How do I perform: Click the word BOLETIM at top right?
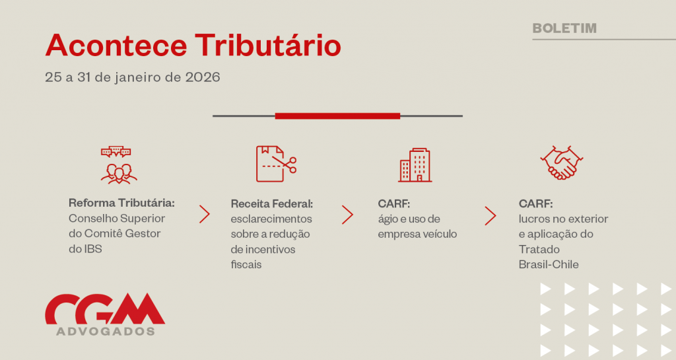point(564,28)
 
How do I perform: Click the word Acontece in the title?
point(116,46)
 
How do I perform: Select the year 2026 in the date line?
point(203,77)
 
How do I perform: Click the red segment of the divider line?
point(337,116)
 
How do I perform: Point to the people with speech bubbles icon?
point(119,165)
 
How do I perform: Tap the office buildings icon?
point(415,165)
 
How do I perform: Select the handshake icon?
point(561,162)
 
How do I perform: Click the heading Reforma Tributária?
point(121,203)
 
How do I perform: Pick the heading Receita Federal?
point(271,203)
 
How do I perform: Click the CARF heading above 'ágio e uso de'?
point(393,203)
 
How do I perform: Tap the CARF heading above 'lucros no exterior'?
point(535,203)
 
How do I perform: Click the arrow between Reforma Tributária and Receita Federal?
point(205,214)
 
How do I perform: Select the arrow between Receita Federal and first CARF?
point(347,215)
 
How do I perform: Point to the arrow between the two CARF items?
point(490,215)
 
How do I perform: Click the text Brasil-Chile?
point(549,264)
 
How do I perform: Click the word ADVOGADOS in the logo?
point(106,331)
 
